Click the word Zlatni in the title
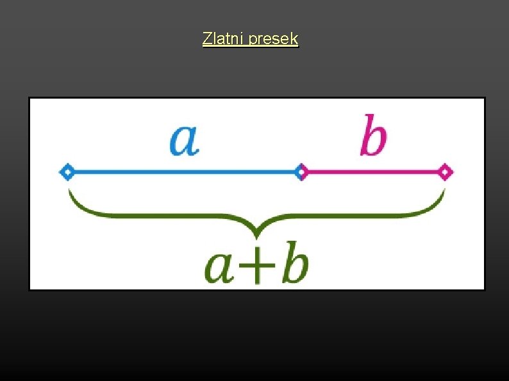pos(223,39)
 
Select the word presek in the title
pos(273,40)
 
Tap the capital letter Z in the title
pos(206,39)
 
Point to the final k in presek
pos(294,39)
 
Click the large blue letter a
pos(184,140)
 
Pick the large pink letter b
pos(373,136)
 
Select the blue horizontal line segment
pos(183,172)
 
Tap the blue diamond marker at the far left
pos(67,172)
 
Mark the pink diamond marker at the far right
pos(446,172)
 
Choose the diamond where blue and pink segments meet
pos(301,172)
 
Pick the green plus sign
pos(256,268)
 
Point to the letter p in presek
pos(252,40)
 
